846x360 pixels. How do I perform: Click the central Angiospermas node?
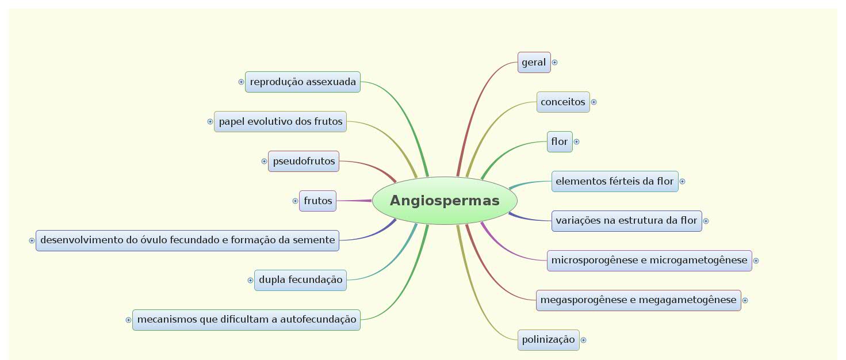click(x=445, y=201)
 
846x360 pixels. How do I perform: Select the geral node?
click(x=534, y=62)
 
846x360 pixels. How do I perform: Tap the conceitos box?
click(x=562, y=102)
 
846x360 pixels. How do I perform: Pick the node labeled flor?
click(x=559, y=141)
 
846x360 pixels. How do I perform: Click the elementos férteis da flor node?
click(x=614, y=181)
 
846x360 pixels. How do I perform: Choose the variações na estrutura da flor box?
click(x=626, y=221)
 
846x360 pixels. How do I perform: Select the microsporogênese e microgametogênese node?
click(x=649, y=261)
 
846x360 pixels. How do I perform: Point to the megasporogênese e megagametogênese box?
click(x=638, y=300)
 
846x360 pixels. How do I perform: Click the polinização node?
click(x=548, y=340)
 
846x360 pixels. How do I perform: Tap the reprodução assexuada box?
click(x=303, y=82)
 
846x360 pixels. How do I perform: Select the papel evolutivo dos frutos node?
click(x=280, y=121)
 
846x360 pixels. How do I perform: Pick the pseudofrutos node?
click(x=304, y=161)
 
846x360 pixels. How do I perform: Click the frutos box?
click(x=317, y=201)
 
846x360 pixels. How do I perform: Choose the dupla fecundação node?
click(x=300, y=280)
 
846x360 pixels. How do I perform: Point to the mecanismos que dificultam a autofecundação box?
click(x=246, y=320)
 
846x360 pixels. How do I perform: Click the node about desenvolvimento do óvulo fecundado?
click(x=187, y=240)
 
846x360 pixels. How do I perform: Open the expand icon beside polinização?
click(x=583, y=340)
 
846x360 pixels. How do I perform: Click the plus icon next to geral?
click(x=554, y=62)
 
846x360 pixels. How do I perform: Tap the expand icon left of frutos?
click(x=295, y=201)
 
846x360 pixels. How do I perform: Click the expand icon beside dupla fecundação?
click(x=250, y=280)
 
